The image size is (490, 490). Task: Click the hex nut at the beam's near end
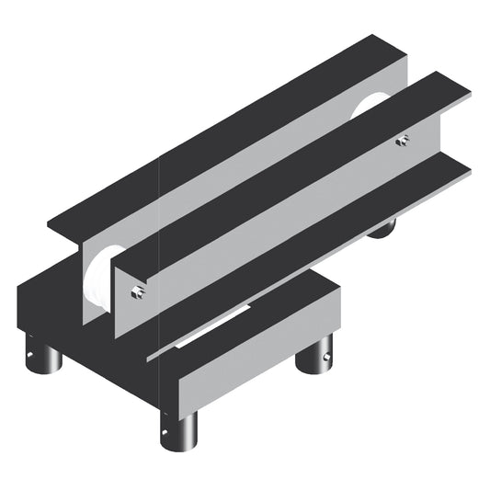137,293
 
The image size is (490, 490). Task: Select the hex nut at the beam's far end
402,140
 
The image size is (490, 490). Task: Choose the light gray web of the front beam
276,221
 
